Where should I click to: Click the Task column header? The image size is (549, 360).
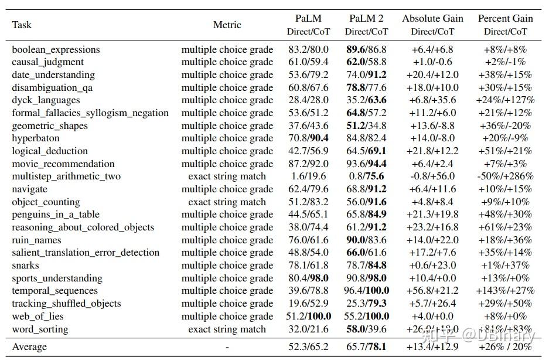(x=22, y=25)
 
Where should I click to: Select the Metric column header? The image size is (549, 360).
(x=227, y=25)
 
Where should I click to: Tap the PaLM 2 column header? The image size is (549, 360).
(x=366, y=19)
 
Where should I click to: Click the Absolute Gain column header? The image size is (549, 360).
(x=432, y=19)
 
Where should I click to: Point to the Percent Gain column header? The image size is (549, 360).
(x=505, y=19)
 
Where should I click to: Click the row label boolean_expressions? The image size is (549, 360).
(x=56, y=50)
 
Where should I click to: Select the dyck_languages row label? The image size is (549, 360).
(x=46, y=100)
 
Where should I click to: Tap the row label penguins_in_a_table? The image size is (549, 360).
(x=56, y=215)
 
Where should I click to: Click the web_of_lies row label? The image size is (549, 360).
(x=39, y=317)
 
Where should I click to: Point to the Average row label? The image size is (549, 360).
(x=29, y=347)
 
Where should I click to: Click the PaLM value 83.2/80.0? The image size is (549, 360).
(x=308, y=50)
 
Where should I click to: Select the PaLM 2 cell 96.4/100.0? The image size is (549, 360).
(x=366, y=291)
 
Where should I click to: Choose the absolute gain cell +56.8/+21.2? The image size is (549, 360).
(x=432, y=291)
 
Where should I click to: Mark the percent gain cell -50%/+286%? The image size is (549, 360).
(x=505, y=176)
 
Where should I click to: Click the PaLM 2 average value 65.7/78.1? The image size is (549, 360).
(x=366, y=347)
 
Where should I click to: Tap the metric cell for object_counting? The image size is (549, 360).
(x=227, y=202)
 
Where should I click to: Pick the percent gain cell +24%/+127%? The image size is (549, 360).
(x=505, y=100)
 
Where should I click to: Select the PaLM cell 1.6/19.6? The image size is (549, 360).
(x=308, y=176)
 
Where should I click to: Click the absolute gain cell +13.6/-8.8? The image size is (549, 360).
(x=432, y=126)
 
